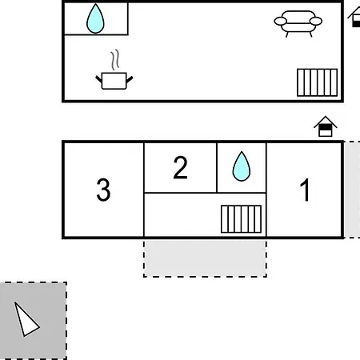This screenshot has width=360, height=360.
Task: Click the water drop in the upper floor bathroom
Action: [x=95, y=19]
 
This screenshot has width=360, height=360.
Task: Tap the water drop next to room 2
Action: [x=242, y=166]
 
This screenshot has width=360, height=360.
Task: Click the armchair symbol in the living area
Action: [x=298, y=23]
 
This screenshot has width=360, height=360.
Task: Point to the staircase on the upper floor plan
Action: [x=318, y=82]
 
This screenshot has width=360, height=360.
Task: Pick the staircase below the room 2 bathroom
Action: [x=241, y=219]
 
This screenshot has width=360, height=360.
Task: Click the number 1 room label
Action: [x=305, y=190]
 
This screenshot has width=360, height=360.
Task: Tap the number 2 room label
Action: [x=180, y=167]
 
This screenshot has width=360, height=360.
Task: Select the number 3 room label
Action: [x=103, y=190]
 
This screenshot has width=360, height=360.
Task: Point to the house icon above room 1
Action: [x=326, y=126]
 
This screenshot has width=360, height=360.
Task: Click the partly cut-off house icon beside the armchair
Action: [x=354, y=17]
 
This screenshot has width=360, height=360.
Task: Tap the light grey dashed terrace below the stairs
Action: [x=205, y=258]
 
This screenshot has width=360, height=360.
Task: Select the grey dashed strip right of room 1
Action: [x=352, y=190]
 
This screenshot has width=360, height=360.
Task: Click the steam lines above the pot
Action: [x=115, y=60]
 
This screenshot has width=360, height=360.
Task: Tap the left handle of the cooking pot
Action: [x=98, y=79]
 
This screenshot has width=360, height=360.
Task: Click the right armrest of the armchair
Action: [x=316, y=21]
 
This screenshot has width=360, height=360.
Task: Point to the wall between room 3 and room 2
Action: [x=144, y=190]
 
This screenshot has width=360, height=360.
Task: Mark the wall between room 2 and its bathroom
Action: [x=217, y=167]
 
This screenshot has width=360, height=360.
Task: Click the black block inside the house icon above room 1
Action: [x=325, y=128]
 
